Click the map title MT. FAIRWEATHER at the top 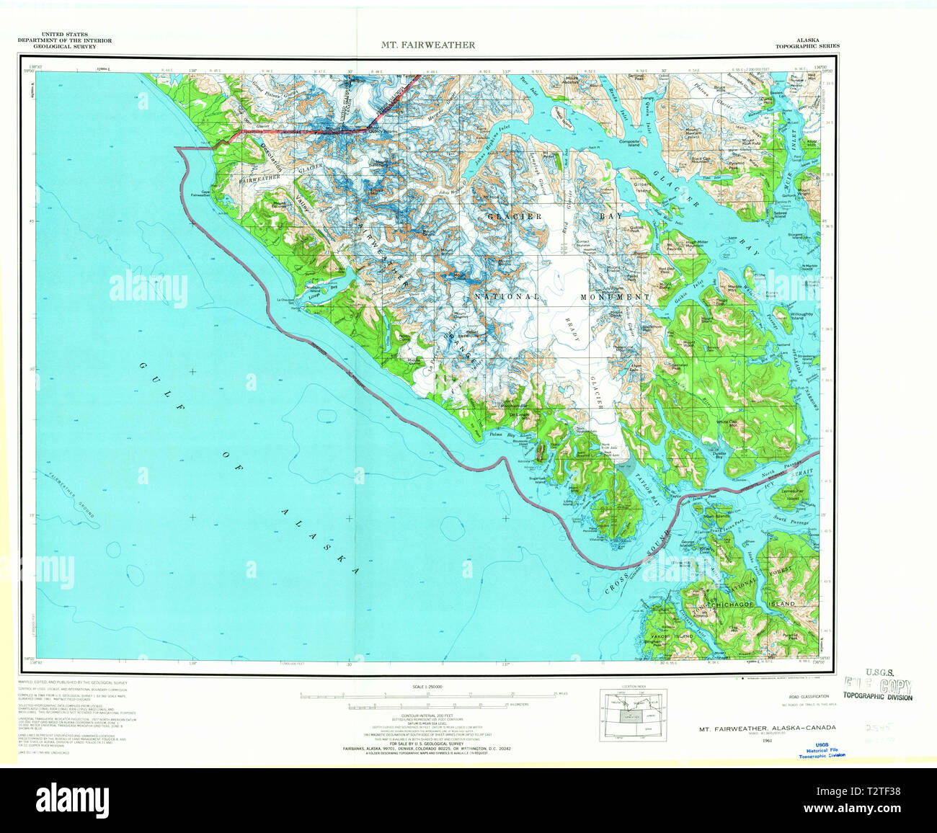click(x=428, y=45)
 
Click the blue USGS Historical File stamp click(x=822, y=749)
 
